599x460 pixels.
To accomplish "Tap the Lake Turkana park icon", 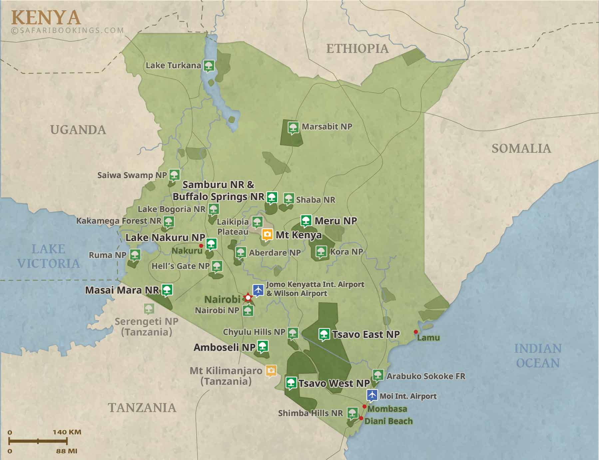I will point(209,65).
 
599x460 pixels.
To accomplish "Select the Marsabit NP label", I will point(327,126).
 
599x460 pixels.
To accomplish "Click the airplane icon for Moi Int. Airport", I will point(372,395).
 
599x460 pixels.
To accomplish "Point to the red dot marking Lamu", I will point(416,332).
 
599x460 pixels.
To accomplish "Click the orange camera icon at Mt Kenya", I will point(267,234).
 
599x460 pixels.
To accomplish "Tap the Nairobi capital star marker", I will point(248,297).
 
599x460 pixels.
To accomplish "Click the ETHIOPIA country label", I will point(357,49).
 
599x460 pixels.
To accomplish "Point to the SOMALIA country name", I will point(521,148).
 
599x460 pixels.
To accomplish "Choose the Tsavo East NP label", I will point(366,335).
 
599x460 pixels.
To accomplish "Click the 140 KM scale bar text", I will point(67,432).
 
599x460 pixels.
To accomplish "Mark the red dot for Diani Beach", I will point(361,418).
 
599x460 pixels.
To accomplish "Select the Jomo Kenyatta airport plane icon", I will point(258,290).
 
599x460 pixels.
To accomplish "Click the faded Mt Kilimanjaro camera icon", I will point(271,370).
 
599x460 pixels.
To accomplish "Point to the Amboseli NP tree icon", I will point(263,346).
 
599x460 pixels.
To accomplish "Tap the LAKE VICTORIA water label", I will point(49,256).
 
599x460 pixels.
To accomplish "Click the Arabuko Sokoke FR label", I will point(426,376).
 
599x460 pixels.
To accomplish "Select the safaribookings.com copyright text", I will point(67,30).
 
